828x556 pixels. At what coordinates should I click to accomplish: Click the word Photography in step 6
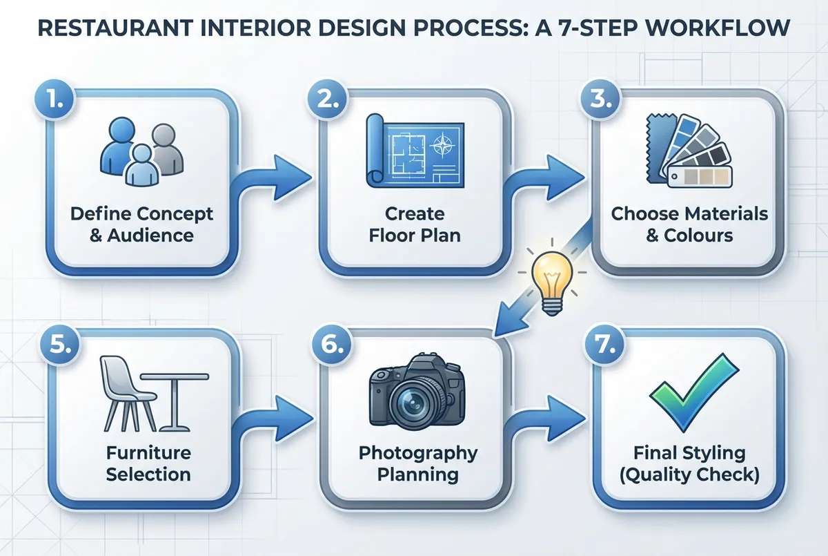click(418, 453)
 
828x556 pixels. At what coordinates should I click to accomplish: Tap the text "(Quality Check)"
click(689, 475)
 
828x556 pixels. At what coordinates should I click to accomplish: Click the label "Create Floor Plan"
click(414, 224)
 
